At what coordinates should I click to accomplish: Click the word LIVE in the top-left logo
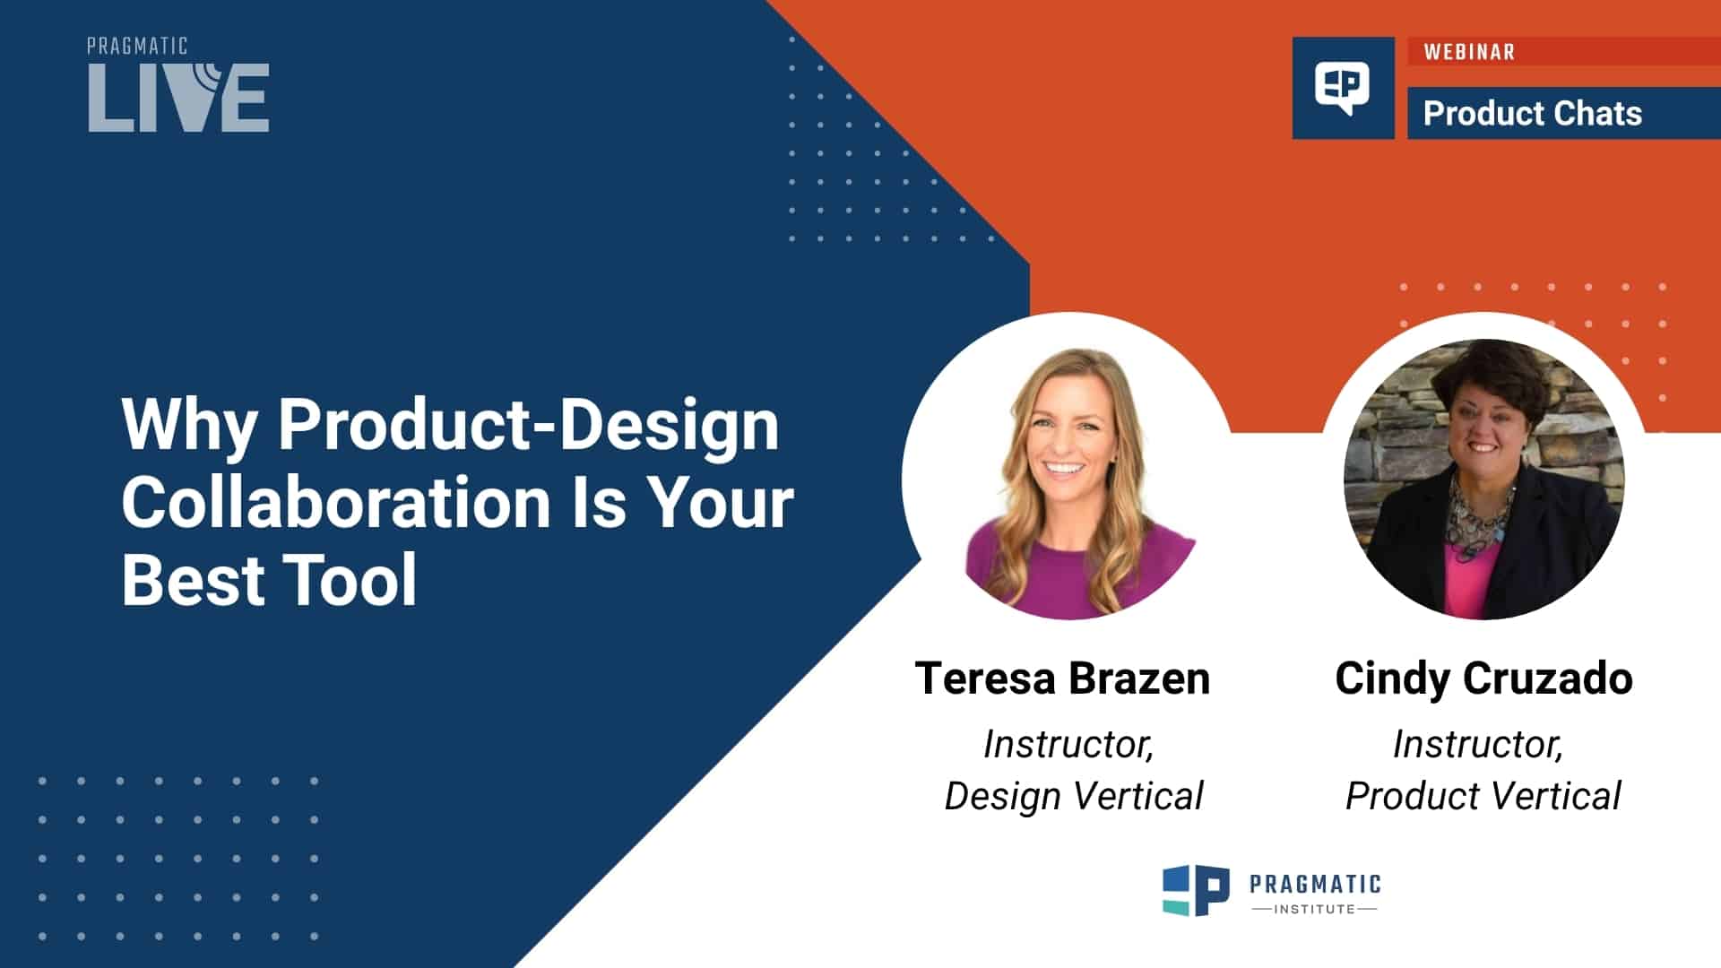(x=178, y=99)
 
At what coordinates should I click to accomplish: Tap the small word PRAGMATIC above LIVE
(x=137, y=47)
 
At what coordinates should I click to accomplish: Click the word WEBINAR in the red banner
(x=1469, y=52)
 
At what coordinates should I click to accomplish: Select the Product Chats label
(x=1532, y=114)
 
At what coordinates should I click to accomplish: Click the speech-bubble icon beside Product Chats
(x=1342, y=88)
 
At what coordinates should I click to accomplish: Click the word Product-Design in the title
(x=528, y=425)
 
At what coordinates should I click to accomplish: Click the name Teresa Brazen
(x=1062, y=678)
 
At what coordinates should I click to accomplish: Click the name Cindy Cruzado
(x=1483, y=678)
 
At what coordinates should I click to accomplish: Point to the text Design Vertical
(x=1073, y=796)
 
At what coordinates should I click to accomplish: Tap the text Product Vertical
(x=1483, y=796)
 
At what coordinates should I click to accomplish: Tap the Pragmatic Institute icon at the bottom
(x=1196, y=890)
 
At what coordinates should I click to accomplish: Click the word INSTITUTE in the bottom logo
(x=1314, y=909)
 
